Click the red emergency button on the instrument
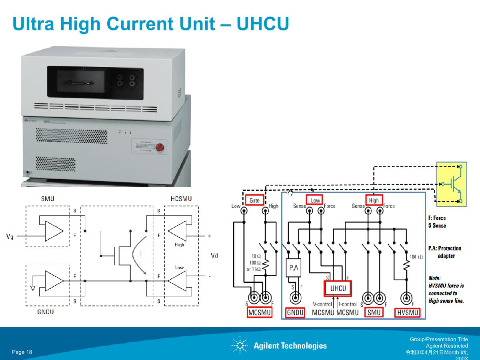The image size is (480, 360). click(160, 147)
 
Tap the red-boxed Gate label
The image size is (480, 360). click(254, 200)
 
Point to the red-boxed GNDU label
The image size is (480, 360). click(295, 312)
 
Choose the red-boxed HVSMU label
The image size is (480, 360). click(408, 312)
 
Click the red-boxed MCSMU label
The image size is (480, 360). click(260, 312)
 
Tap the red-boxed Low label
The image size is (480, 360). click(315, 200)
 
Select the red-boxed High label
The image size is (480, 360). click(374, 200)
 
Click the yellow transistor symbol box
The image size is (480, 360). click(452, 184)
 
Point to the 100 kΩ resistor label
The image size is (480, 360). click(416, 257)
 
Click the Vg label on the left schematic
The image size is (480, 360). click(10, 236)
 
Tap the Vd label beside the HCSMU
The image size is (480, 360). click(214, 256)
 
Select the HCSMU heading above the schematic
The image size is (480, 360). click(181, 199)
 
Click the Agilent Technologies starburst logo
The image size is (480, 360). click(240, 345)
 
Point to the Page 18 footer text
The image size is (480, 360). click(22, 352)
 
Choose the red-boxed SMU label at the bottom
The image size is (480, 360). click(374, 312)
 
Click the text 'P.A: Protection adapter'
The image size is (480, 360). click(445, 252)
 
